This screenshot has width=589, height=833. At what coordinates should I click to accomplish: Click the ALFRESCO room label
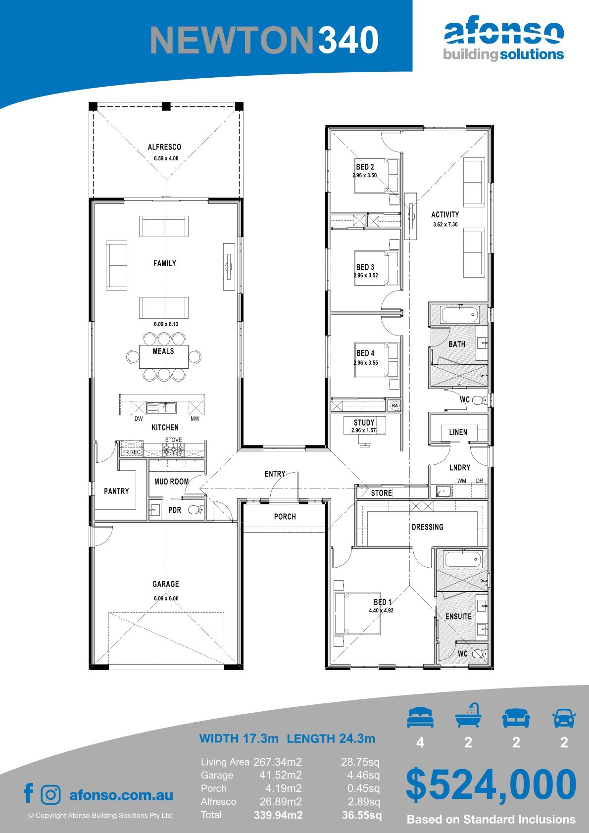(164, 147)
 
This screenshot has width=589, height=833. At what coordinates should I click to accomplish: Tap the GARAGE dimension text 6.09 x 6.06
(166, 598)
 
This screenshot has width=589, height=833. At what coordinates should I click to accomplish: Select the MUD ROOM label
(171, 482)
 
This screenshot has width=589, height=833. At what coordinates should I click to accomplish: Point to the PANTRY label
(116, 491)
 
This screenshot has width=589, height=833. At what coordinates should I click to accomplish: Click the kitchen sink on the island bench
(161, 408)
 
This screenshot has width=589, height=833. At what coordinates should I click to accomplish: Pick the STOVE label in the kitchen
(173, 440)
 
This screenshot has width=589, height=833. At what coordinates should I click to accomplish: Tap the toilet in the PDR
(196, 509)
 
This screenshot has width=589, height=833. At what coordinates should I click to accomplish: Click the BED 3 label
(365, 267)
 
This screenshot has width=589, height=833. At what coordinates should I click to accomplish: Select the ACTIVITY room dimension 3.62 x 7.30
(445, 224)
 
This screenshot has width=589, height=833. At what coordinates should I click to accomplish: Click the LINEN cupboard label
(458, 432)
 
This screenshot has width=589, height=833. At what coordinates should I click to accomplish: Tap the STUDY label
(364, 423)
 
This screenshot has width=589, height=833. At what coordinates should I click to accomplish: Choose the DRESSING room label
(428, 527)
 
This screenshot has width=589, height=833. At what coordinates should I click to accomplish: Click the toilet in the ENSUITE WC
(479, 653)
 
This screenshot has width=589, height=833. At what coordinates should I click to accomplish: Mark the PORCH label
(285, 517)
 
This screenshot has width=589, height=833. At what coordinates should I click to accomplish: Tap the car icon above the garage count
(564, 718)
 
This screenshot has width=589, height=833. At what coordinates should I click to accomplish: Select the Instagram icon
(50, 795)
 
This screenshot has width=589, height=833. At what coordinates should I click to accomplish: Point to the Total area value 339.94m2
(278, 815)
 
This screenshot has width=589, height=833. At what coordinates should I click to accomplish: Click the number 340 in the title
(348, 40)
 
